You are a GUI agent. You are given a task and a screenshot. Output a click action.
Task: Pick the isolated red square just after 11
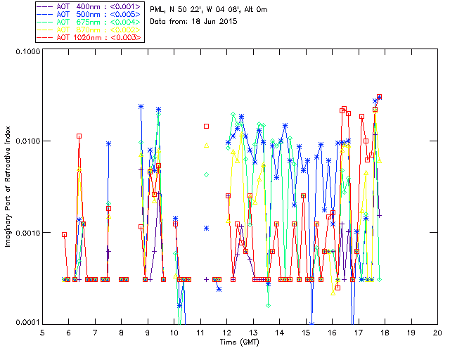coord(207,127)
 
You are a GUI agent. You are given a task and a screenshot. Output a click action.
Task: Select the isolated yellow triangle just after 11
coord(207,146)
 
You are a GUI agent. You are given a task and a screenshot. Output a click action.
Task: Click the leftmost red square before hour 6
coord(64,234)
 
